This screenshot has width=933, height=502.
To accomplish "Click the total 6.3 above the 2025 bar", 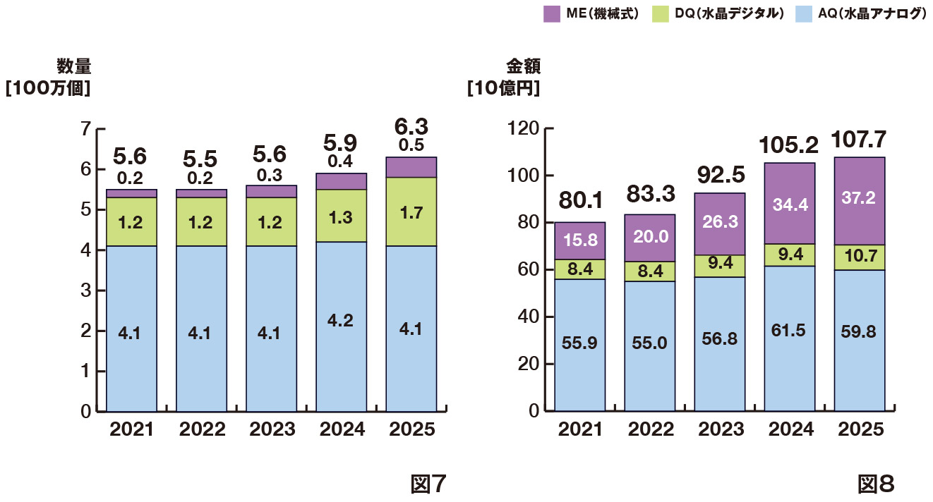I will click(411, 128).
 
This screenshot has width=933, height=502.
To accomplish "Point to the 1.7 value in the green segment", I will click(411, 211).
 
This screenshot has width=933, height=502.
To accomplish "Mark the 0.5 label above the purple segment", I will click(411, 146).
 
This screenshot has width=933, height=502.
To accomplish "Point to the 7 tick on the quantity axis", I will click(87, 129).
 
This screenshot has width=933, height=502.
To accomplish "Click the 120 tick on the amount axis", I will click(524, 128).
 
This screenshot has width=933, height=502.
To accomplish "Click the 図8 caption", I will click(876, 484).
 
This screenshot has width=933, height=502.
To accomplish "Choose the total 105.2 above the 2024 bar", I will click(789, 145).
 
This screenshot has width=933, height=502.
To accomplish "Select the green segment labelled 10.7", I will click(859, 257).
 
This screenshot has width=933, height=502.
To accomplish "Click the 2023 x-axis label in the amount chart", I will click(719, 429).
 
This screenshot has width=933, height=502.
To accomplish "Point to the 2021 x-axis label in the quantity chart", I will click(132, 429).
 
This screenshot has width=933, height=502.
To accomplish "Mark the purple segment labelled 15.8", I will click(579, 240).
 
